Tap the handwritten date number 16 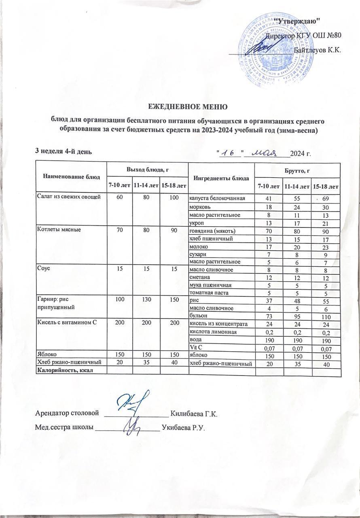(x=230, y=153)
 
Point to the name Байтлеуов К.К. (x=317, y=51)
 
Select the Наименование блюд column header (x=71, y=177)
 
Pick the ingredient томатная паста (x=209, y=293)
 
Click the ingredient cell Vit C (x=196, y=348)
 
